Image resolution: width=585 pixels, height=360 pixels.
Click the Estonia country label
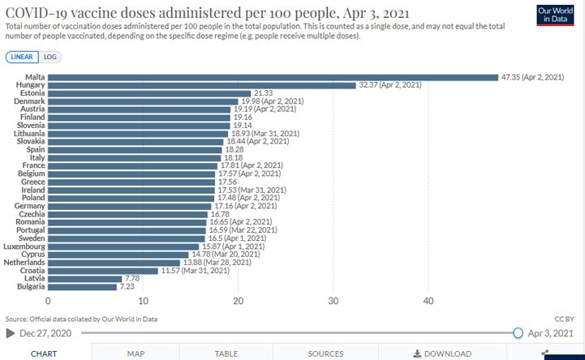click(x=30, y=94)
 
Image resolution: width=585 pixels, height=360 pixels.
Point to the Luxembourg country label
click(x=24, y=246)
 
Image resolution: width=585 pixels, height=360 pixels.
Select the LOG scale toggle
click(x=50, y=58)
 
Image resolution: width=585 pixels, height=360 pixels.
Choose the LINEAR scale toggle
click(x=21, y=58)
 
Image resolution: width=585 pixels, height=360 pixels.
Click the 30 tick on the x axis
click(x=333, y=302)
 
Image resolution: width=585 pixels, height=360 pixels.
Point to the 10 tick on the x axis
click(x=143, y=302)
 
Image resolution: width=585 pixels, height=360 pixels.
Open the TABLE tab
click(x=226, y=354)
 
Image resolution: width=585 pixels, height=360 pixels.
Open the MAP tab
click(x=135, y=354)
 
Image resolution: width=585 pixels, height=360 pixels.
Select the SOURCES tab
click(x=325, y=354)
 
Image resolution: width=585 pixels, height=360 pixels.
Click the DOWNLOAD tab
click(x=442, y=354)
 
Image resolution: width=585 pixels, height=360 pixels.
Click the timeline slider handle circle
click(x=518, y=333)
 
